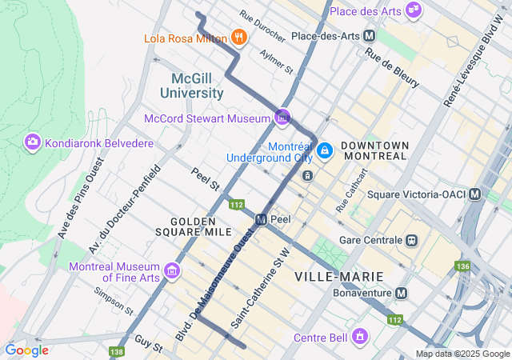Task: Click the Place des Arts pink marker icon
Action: (414, 10)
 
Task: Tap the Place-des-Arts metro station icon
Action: (369, 36)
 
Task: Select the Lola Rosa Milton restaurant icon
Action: (238, 37)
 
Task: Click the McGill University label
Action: (198, 86)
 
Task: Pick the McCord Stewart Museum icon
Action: (282, 118)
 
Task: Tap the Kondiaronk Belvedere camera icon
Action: (33, 142)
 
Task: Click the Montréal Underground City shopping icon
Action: (324, 150)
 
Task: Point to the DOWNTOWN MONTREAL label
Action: (374, 150)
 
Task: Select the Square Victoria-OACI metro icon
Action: (475, 194)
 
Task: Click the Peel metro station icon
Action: (262, 219)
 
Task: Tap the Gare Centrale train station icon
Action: (412, 240)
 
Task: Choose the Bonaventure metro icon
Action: (401, 294)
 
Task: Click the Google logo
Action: (26, 350)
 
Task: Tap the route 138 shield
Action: (118, 351)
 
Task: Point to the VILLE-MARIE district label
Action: (338, 277)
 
